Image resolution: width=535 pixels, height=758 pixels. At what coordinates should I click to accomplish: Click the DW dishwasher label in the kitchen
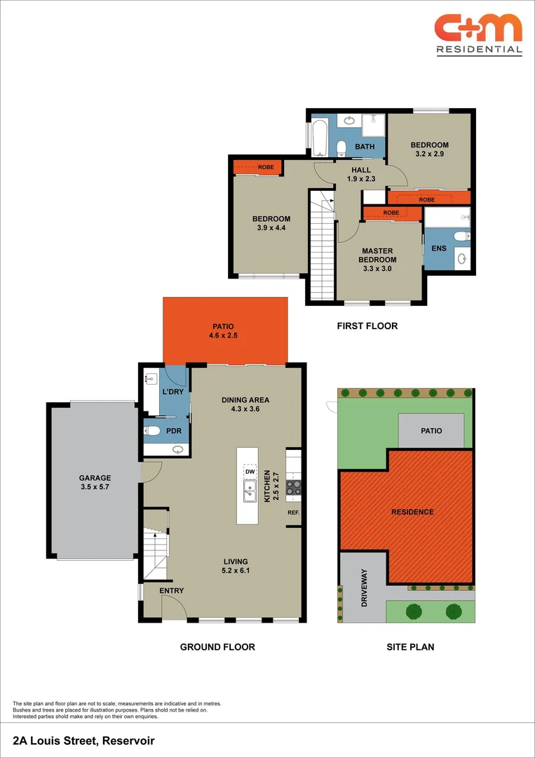point(248,472)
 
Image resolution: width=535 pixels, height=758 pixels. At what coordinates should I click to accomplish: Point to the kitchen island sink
point(248,491)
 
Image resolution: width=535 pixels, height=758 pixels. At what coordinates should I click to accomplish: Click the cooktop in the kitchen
point(294,486)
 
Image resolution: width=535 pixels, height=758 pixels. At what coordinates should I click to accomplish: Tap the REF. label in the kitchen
point(293,512)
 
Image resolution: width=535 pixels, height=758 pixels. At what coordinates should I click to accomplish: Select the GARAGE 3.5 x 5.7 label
point(95,483)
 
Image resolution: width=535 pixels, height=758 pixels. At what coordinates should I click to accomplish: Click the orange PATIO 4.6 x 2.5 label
point(224,331)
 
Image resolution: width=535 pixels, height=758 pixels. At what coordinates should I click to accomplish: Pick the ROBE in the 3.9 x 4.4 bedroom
point(259,167)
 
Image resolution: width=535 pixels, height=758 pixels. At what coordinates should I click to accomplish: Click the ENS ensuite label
point(438,248)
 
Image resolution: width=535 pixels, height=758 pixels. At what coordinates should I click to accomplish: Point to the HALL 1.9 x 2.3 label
point(361,174)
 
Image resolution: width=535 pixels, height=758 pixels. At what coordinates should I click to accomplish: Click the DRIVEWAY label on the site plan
point(363,587)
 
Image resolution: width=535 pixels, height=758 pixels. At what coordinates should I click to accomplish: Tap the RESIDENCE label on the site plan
point(412,512)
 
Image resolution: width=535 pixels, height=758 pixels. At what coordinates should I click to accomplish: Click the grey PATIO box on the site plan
point(431,430)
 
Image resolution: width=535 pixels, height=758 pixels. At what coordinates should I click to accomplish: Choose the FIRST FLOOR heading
point(367,326)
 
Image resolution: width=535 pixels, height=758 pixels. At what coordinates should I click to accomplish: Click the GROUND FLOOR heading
point(217,647)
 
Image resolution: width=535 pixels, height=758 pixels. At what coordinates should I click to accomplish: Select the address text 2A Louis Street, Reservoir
point(83,740)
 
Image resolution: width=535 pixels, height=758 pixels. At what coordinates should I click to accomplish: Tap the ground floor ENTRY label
point(171,591)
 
